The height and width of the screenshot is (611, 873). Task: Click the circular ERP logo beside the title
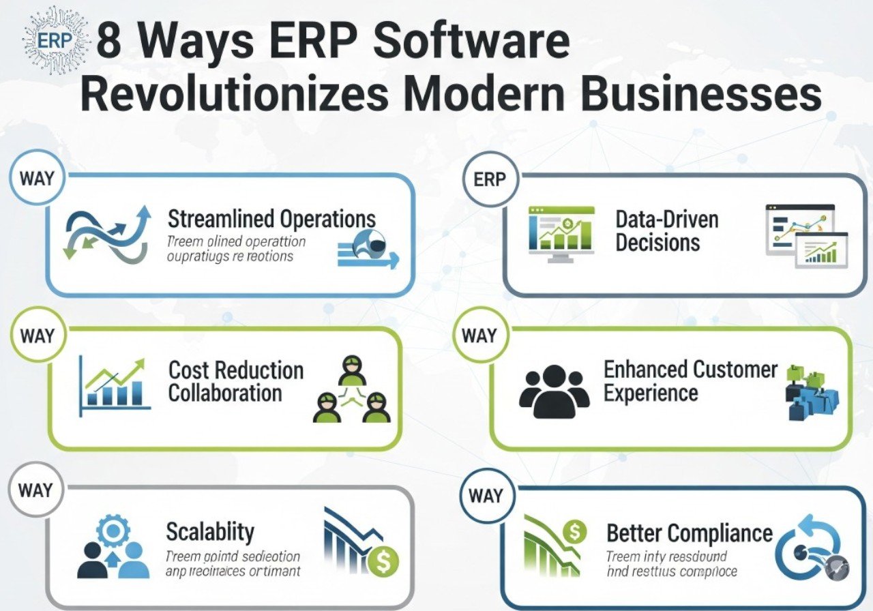(x=55, y=40)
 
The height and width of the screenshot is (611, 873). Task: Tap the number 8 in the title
(x=111, y=43)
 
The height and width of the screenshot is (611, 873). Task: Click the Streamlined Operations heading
(x=271, y=219)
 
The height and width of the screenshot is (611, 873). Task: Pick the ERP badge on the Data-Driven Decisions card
(x=489, y=180)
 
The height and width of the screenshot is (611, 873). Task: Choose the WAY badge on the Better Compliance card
(x=486, y=496)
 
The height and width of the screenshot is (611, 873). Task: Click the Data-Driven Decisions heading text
(x=657, y=230)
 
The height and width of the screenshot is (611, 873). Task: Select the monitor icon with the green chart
(x=561, y=234)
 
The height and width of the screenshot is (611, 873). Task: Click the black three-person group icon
(x=554, y=391)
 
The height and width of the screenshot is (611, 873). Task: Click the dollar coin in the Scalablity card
(x=381, y=563)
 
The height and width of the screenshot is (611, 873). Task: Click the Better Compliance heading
(x=689, y=533)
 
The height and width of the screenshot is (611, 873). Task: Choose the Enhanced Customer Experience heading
(x=690, y=381)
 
